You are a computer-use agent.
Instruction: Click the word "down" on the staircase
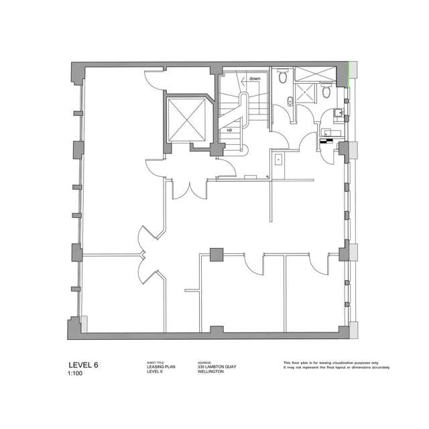click(255, 78)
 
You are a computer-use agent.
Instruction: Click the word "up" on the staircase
click(229, 131)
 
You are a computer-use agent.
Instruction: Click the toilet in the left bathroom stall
click(284, 77)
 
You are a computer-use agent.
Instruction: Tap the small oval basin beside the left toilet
click(288, 102)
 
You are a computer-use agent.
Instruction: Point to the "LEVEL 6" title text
click(84, 365)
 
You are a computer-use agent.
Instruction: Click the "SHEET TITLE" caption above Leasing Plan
click(155, 362)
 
